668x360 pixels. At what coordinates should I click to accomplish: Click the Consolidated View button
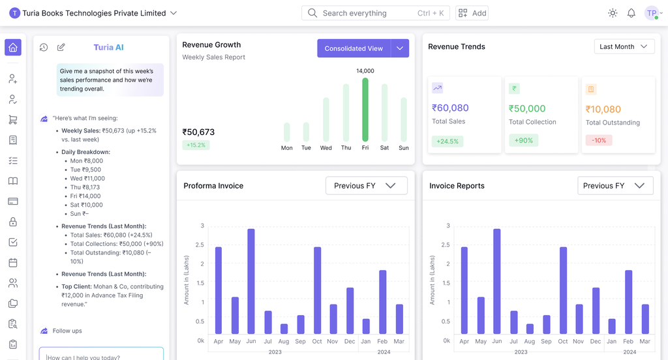click(354, 48)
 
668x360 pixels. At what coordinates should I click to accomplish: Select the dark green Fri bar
click(365, 110)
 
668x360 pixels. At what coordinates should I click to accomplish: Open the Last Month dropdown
click(624, 46)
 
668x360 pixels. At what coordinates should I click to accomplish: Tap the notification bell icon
click(631, 13)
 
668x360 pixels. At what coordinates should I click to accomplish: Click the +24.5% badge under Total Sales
click(447, 141)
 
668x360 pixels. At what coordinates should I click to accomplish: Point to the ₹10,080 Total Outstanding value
click(603, 110)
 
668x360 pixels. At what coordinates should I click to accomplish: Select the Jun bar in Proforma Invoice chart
click(251, 281)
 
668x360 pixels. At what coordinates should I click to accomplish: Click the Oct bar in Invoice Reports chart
click(563, 290)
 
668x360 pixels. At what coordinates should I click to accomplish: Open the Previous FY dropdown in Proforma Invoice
click(366, 186)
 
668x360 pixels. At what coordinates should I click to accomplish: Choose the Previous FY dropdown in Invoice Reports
click(615, 186)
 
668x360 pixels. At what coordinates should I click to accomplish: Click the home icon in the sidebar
click(13, 47)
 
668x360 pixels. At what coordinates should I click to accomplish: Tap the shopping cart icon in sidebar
click(13, 119)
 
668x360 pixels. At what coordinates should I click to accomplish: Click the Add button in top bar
click(472, 13)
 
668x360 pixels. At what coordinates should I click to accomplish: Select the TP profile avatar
click(651, 13)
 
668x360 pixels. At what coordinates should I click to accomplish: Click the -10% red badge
click(598, 140)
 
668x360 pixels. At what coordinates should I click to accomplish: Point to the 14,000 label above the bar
click(365, 70)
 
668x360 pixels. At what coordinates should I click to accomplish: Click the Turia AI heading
click(108, 47)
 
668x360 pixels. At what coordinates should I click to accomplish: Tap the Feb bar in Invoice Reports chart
click(629, 302)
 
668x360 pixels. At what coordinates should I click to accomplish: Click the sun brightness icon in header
click(612, 13)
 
